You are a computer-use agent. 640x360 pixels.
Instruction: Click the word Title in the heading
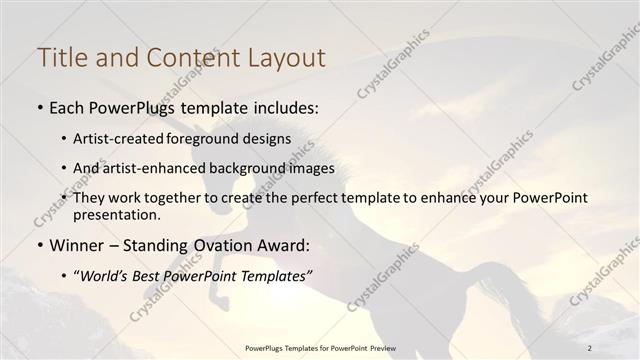click(x=60, y=58)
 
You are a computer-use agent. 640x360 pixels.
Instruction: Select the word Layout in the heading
click(x=286, y=58)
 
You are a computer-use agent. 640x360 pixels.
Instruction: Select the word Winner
click(x=78, y=245)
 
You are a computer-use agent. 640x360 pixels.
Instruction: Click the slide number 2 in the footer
click(x=590, y=348)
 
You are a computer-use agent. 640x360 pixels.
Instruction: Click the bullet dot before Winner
click(x=40, y=246)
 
